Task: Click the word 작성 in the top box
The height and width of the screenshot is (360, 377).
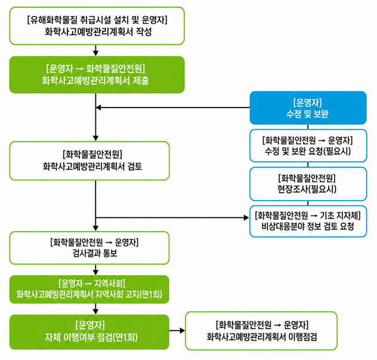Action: coord(144,32)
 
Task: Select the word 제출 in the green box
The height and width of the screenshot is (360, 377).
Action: coord(141,80)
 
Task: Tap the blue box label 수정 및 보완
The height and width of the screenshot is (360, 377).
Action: coord(307,113)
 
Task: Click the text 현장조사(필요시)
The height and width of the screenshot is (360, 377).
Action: coord(307,189)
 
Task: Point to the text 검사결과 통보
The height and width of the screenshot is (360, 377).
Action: coord(95,253)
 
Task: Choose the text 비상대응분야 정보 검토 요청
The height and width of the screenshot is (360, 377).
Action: coord(308,226)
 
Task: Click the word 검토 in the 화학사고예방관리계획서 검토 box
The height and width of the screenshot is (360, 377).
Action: coord(135,166)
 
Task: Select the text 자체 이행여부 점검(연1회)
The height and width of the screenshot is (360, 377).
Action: coord(91,337)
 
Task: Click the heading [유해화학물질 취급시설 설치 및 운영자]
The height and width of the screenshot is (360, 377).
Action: coord(97,20)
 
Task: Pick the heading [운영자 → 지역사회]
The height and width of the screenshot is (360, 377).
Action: coord(92,283)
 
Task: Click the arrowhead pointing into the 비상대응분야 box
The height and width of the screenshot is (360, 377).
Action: coord(246,218)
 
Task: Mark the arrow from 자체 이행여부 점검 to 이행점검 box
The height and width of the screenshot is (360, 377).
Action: coord(177,330)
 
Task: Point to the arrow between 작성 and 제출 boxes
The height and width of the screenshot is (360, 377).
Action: coord(95,50)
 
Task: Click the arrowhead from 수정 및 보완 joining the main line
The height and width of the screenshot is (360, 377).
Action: coord(98,107)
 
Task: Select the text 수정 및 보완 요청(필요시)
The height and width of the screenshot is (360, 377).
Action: coord(308,151)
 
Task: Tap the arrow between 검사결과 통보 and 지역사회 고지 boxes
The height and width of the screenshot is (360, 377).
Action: coord(95,269)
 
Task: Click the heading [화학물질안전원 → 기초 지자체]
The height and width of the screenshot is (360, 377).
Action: coord(308,216)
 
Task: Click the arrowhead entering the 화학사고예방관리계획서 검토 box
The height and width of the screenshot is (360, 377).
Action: coord(95,139)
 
